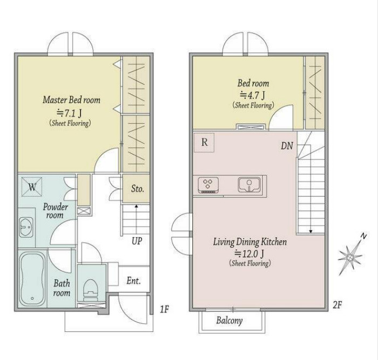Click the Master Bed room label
(x=72, y=99)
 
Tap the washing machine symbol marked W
(x=32, y=186)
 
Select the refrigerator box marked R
(x=204, y=142)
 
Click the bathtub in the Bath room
(x=32, y=279)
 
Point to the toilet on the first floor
(x=91, y=289)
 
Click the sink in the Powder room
(x=26, y=227)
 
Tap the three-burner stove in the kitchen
(x=208, y=185)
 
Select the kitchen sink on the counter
(x=249, y=185)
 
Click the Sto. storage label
(x=137, y=189)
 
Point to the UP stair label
(x=137, y=241)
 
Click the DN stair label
(x=287, y=146)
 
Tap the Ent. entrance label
(x=133, y=281)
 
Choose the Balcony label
(x=230, y=321)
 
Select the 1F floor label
(x=164, y=309)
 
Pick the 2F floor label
(x=337, y=305)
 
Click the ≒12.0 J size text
(x=249, y=254)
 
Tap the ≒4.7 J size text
(x=252, y=95)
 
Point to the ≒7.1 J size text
(x=69, y=112)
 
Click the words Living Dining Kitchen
(x=250, y=242)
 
